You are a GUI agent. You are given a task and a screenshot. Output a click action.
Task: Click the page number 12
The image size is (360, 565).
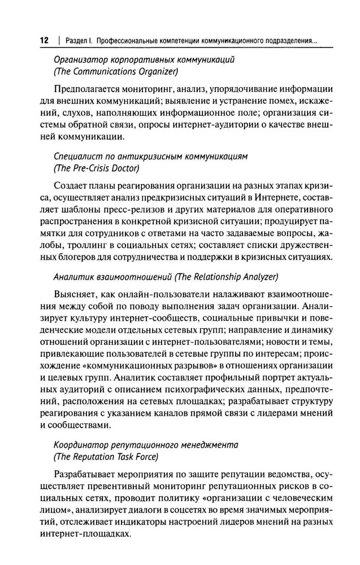pos(44,41)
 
